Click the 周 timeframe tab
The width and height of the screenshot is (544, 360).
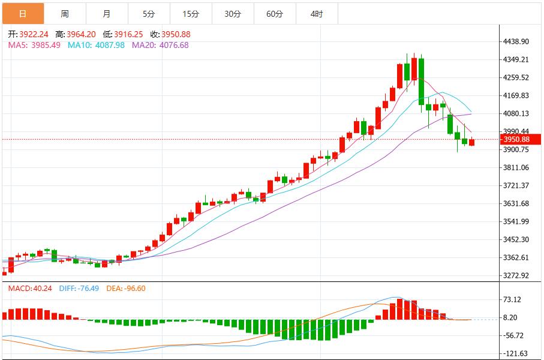coord(65,13)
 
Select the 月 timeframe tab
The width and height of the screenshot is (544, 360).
coord(107,13)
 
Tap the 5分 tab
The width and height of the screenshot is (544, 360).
coord(149,13)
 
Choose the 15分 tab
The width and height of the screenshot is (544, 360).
coord(191,13)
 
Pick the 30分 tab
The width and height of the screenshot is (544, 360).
coord(233,13)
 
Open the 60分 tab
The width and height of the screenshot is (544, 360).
coord(275,13)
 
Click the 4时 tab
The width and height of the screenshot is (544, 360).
coord(317,13)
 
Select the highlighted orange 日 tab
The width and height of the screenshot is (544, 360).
coord(23,13)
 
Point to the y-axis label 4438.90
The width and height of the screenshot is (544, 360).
coord(516,42)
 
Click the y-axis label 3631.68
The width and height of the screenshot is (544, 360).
coord(516,204)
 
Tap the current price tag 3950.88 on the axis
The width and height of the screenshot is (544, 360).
coord(516,140)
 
